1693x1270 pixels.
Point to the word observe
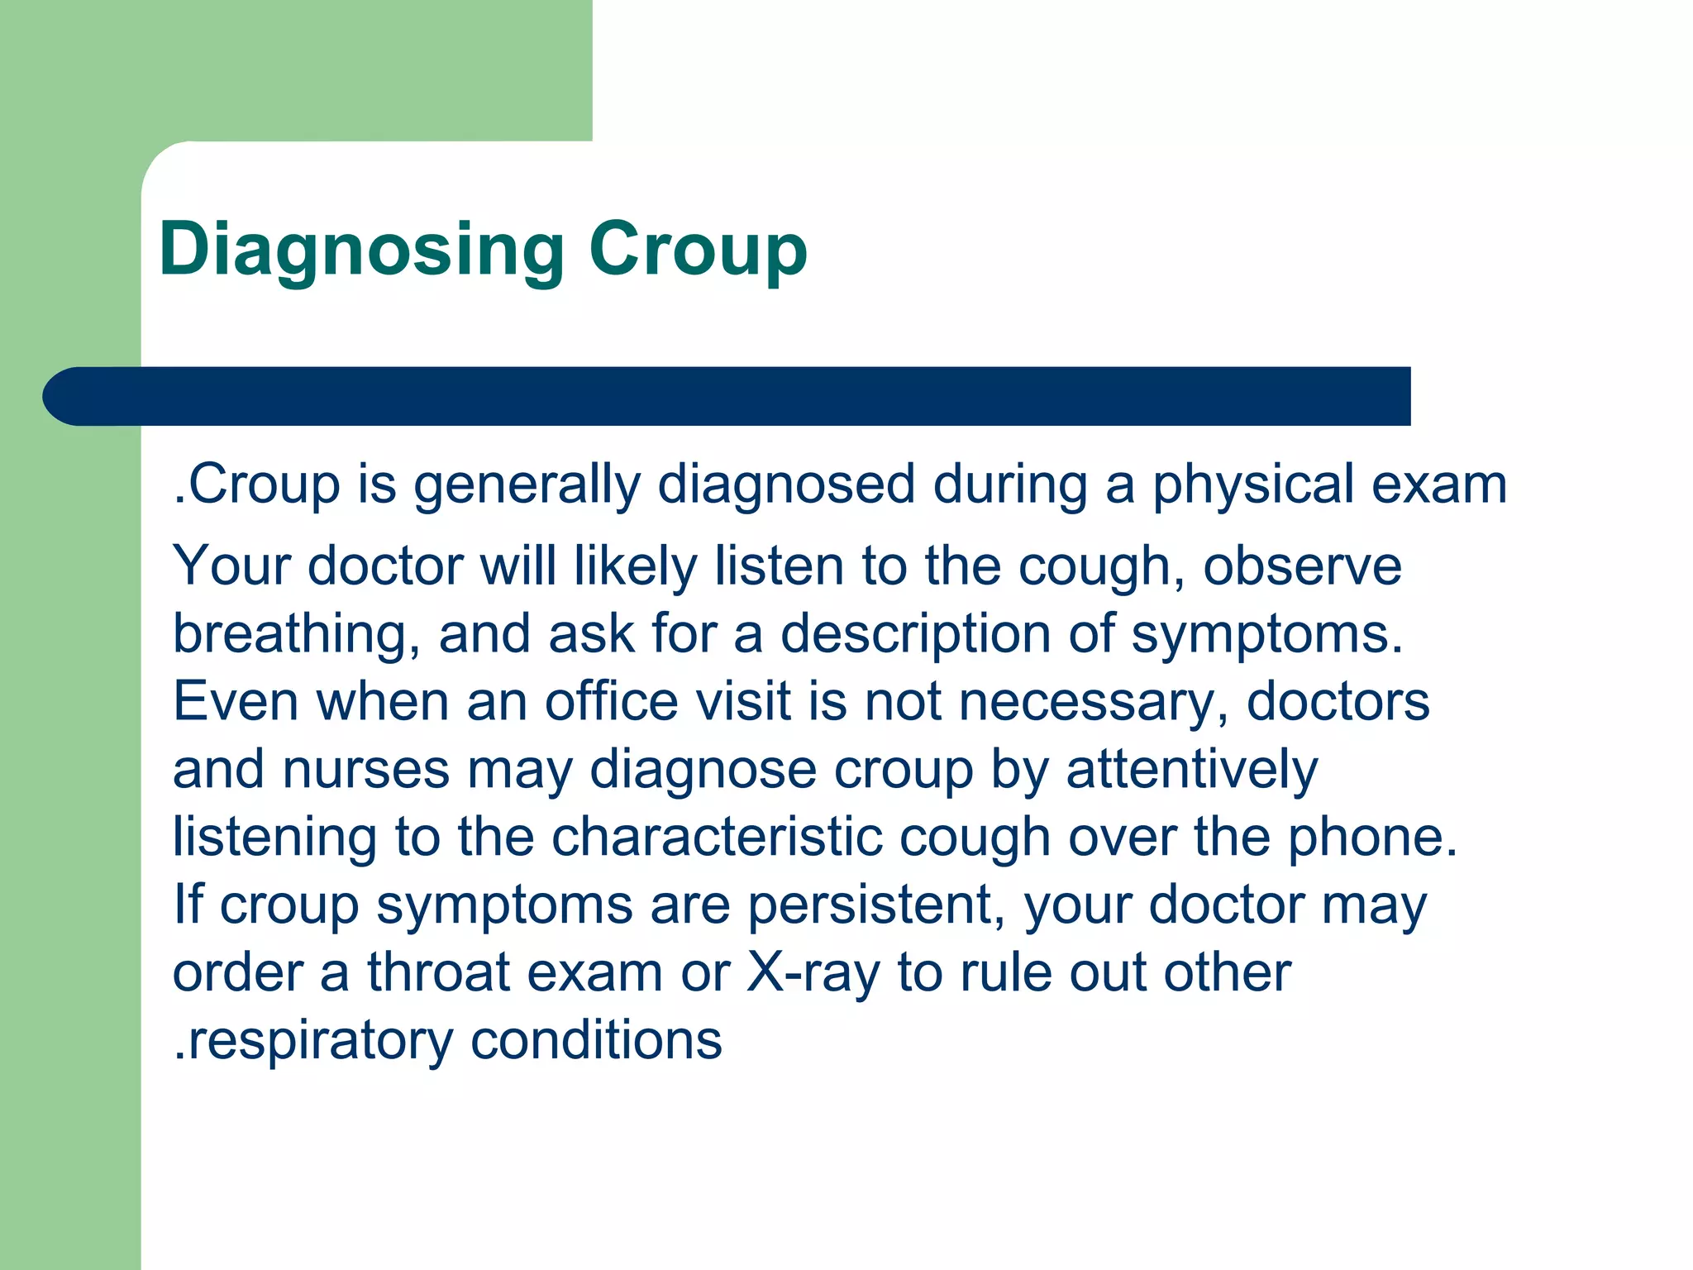1302,566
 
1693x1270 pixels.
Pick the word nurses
366,770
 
